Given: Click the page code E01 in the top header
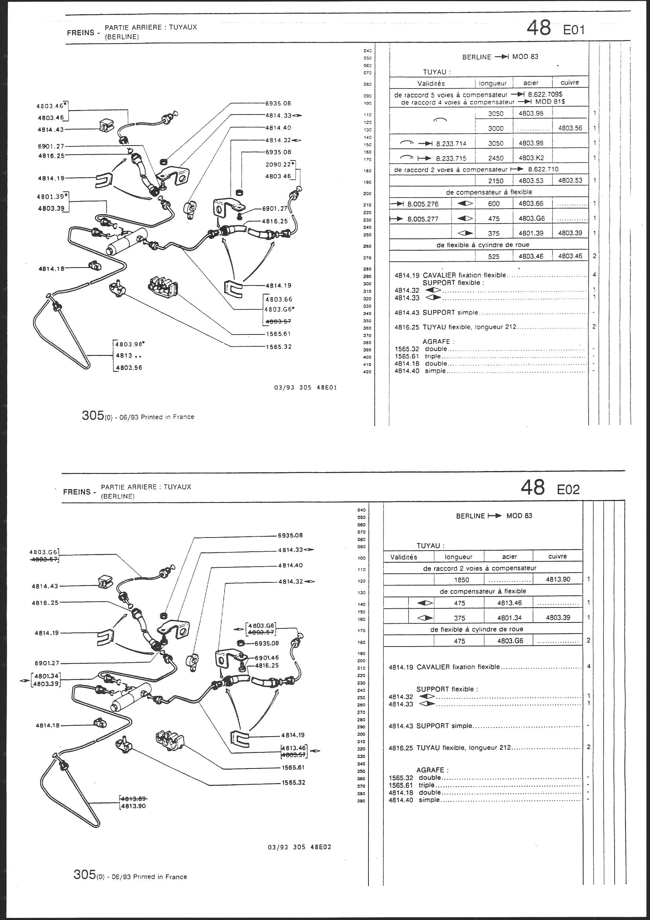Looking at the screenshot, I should [x=574, y=30].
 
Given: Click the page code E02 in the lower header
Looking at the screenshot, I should [x=568, y=489].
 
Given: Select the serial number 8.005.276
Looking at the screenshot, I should [x=423, y=204].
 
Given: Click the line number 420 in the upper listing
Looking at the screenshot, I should [x=367, y=372].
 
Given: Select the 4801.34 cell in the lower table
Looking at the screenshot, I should [x=508, y=617].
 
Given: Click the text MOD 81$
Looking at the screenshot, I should [x=549, y=102].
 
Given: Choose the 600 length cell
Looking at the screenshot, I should [x=494, y=204].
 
